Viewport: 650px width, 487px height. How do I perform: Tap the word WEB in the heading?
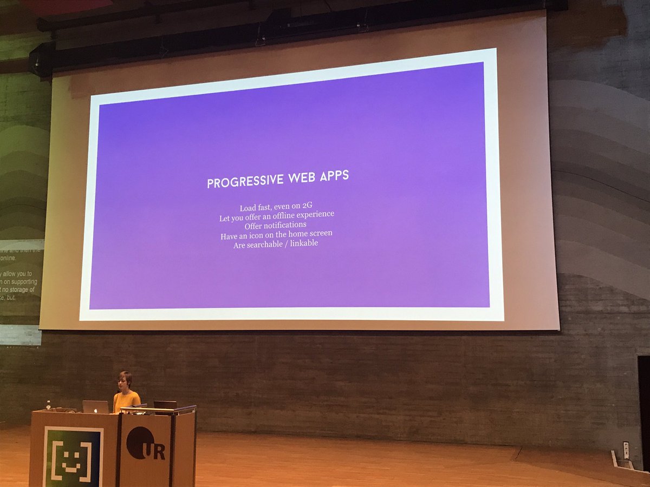297,179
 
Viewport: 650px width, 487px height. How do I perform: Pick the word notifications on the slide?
285,225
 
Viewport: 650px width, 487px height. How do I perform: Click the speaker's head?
125,379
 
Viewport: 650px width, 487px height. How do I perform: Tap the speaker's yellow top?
126,401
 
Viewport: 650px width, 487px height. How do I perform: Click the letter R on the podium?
159,452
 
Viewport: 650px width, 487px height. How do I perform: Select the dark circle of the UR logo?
139,442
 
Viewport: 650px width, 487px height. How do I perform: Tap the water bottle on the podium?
49,405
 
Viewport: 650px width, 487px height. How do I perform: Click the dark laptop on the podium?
165,405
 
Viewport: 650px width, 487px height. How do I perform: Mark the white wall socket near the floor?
626,450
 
